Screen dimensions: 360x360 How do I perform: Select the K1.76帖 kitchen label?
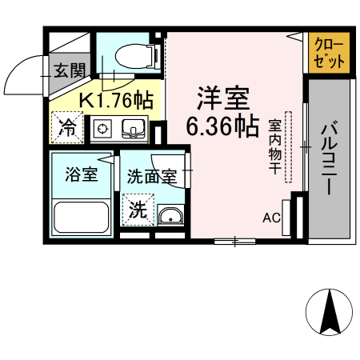click(x=116, y=100)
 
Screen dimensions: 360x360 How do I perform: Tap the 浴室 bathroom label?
click(x=81, y=174)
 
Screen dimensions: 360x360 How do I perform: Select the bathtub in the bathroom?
click(x=81, y=217)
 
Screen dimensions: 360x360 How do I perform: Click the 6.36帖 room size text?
click(x=222, y=126)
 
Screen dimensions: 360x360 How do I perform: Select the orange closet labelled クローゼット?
click(x=329, y=53)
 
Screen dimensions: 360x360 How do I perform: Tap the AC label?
click(x=271, y=216)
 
